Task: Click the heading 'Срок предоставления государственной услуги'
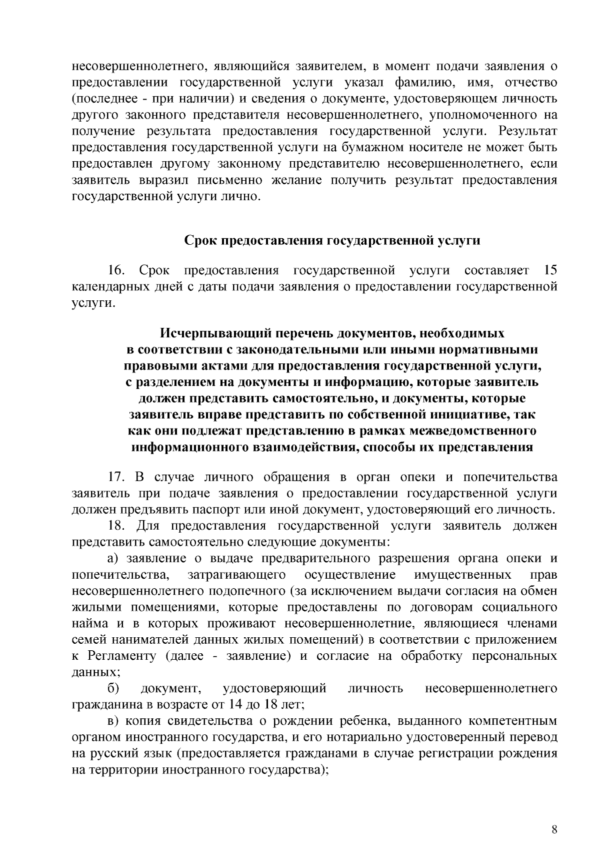tap(332, 241)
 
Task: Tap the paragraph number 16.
tap(116, 271)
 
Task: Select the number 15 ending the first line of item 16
tap(549, 271)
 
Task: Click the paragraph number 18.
tap(116, 526)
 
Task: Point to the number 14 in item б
tap(235, 705)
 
